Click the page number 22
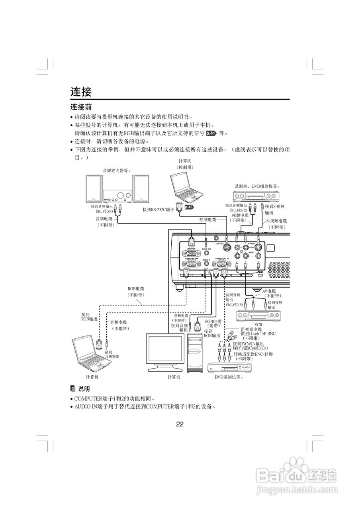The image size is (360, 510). pos(180,424)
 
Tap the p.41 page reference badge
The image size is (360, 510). pos(211,133)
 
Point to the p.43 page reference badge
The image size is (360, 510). pos(189,207)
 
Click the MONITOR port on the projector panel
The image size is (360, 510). pos(191,253)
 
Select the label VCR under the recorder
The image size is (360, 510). pos(258,325)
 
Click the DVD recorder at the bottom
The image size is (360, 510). pos(231,367)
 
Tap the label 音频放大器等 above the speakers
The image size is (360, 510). pos(117,171)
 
